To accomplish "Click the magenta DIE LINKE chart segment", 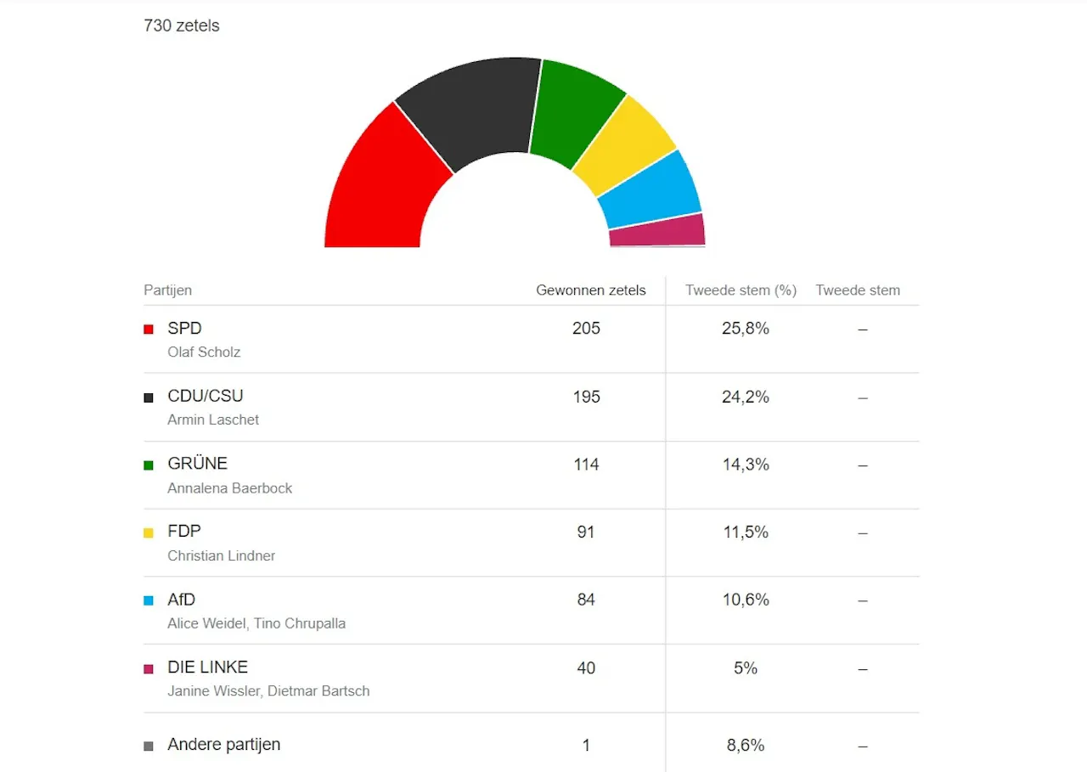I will (x=657, y=230).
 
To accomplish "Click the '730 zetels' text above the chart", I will (x=182, y=25).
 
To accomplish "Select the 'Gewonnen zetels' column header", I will (x=591, y=290).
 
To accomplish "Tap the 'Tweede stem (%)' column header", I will (x=741, y=290).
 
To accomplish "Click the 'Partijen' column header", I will (x=168, y=290).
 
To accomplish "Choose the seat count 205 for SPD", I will (x=586, y=329).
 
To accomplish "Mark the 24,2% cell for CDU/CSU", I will (x=746, y=397).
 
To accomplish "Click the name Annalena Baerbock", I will (x=230, y=488).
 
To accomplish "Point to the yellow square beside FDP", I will (x=149, y=533).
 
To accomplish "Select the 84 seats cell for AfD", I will (x=586, y=600).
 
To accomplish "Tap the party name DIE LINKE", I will (x=208, y=668).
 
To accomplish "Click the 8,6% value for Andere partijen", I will (x=746, y=746).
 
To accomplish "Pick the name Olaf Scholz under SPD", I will (x=205, y=352).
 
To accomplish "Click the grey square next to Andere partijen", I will (x=149, y=747).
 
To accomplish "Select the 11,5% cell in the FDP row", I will (x=746, y=533).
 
